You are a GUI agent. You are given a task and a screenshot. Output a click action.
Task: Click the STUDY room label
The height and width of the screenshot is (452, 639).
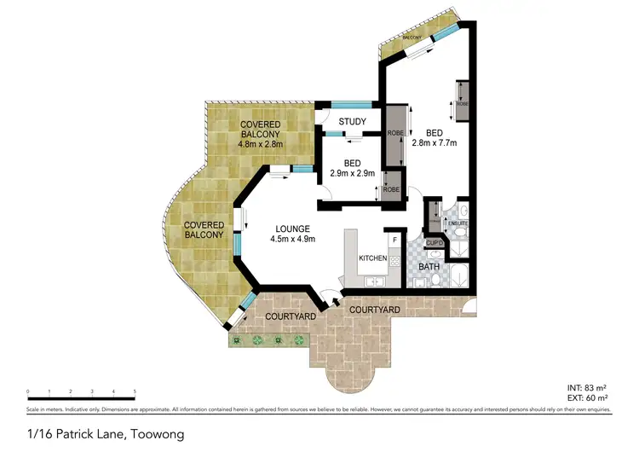pos(352,121)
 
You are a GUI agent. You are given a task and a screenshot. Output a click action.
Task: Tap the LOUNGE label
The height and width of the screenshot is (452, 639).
pos(292,228)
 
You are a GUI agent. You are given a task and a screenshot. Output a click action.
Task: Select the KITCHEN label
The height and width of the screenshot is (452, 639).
pos(372,258)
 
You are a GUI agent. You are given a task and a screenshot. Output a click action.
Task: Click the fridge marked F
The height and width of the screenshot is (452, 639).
pos(394,240)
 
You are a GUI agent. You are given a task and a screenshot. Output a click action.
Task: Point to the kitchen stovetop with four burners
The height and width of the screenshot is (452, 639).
pos(394,261)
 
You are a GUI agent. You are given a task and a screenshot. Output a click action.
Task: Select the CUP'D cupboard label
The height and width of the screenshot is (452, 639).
pos(434,243)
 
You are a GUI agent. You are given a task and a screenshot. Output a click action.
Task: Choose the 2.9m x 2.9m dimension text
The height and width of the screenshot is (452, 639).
pos(352,173)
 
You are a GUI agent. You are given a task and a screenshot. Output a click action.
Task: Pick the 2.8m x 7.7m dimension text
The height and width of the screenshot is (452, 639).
pos(434,142)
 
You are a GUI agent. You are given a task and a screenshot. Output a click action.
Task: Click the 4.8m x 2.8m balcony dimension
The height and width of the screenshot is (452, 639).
pos(262,144)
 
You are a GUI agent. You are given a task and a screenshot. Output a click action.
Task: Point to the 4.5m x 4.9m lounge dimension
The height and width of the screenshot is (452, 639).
pos(292,239)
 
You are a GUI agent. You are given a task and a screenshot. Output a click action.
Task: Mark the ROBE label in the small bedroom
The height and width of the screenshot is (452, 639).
pos(390,189)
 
